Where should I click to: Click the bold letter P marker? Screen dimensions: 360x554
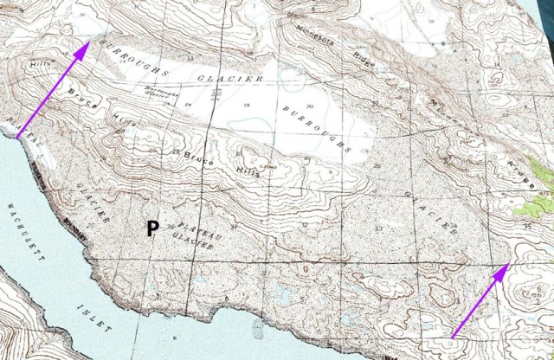pyautogui.click(x=151, y=228)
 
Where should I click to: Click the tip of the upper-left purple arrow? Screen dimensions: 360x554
pyautogui.click(x=87, y=44)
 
